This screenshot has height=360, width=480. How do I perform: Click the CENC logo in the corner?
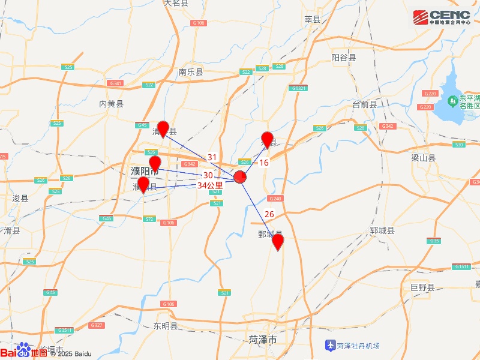(x=445, y=17)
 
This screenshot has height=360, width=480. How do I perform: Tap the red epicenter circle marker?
(x=240, y=177)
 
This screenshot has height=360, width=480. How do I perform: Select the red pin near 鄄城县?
(x=278, y=242)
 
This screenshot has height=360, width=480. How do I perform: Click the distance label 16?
(x=264, y=163)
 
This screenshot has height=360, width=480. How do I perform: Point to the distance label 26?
(x=269, y=214)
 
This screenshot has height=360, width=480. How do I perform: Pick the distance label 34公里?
(x=210, y=185)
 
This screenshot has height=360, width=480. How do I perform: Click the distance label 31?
(x=212, y=157)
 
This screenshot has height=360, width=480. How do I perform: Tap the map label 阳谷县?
(x=344, y=58)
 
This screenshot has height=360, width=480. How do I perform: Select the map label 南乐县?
(x=191, y=72)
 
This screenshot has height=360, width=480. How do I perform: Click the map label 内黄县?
(x=111, y=104)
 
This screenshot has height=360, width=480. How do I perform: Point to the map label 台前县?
(x=364, y=104)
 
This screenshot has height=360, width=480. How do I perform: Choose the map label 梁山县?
(x=423, y=158)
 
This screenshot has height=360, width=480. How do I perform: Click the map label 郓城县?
(x=382, y=230)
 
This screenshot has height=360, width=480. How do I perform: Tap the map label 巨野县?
(x=422, y=287)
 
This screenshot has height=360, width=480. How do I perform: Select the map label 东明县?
(x=166, y=326)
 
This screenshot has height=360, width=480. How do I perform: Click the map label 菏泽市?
(x=263, y=340)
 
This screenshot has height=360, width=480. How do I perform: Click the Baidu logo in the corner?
(x=24, y=352)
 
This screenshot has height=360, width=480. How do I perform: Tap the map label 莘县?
(x=313, y=19)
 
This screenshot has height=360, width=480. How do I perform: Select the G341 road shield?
(x=116, y=83)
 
